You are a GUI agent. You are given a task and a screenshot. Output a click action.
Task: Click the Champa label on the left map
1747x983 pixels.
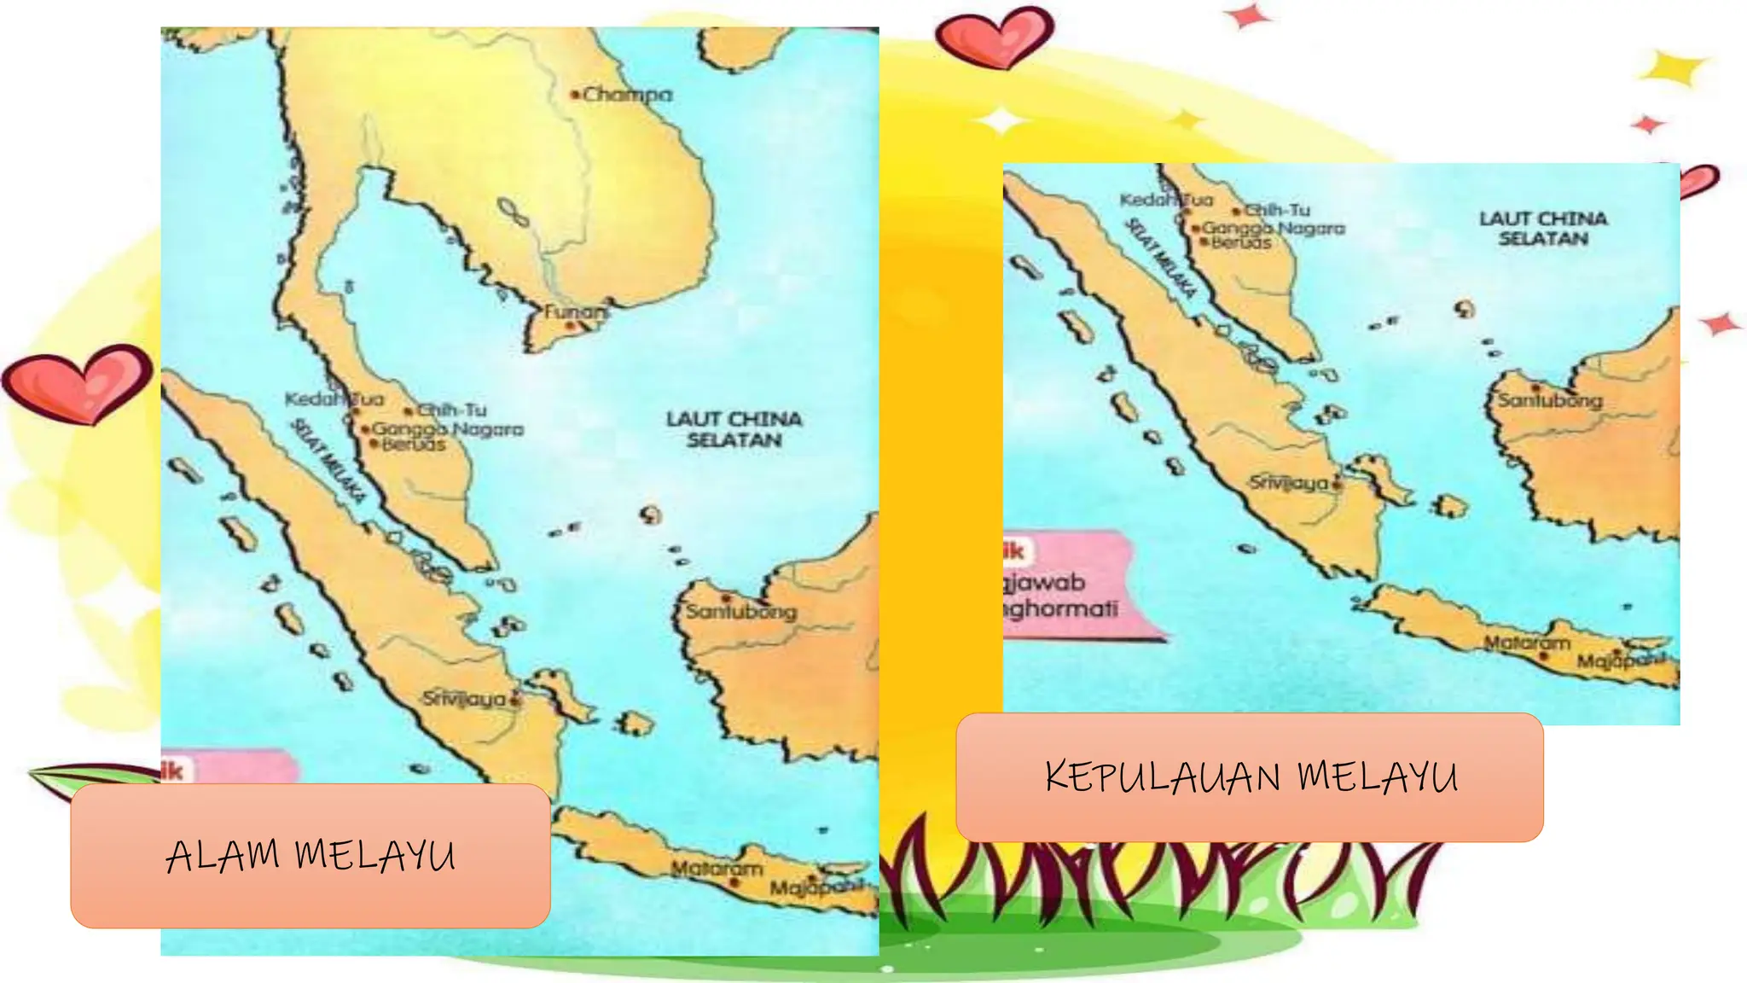point(627,95)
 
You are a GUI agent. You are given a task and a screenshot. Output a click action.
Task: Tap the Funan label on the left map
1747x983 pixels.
point(576,312)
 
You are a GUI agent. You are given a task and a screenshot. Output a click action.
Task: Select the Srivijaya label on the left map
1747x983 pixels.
point(465,699)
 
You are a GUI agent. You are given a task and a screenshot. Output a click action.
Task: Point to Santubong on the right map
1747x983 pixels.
point(1550,400)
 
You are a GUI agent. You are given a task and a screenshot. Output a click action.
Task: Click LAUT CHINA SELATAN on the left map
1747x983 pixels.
point(734,429)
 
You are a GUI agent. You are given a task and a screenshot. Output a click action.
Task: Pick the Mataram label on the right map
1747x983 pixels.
point(1526,643)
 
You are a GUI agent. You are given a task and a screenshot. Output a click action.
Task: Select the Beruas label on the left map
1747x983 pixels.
point(414,445)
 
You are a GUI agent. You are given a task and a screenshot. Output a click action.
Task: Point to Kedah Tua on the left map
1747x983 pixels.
point(334,399)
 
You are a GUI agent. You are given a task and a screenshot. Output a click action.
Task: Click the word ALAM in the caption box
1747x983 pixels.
point(223,856)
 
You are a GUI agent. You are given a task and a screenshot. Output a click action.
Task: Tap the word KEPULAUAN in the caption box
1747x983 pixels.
point(1162,777)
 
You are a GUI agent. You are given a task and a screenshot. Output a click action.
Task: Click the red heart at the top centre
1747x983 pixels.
point(994,38)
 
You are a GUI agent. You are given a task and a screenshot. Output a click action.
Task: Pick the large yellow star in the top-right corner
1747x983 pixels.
point(1673,68)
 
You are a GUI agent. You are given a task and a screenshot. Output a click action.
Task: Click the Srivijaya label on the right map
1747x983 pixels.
point(1288,483)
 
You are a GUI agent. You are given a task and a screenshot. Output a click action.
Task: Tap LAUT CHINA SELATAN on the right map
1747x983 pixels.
point(1542,229)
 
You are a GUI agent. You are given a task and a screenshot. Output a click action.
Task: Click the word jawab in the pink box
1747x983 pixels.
point(1046,583)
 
